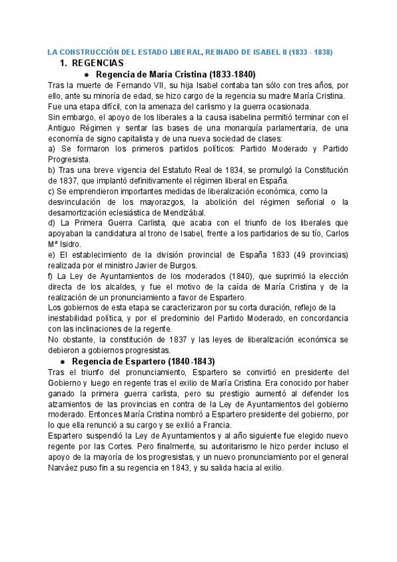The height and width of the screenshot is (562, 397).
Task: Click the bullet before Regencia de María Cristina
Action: [x=78, y=74]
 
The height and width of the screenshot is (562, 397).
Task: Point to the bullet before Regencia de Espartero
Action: [x=62, y=361]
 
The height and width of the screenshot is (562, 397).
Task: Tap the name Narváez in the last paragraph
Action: [x=65, y=467]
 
